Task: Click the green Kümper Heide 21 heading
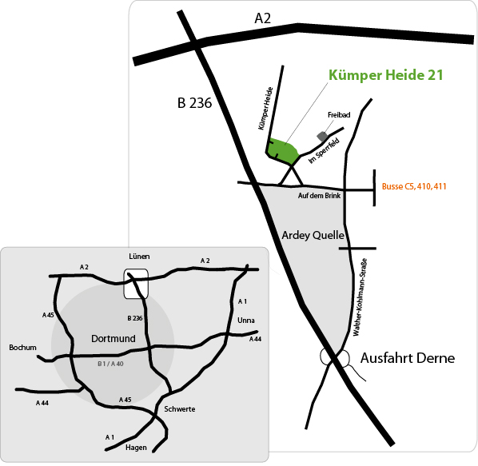click(x=386, y=75)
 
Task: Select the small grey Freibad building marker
click(x=322, y=136)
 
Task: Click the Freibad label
click(x=339, y=115)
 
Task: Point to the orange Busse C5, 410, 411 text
click(x=414, y=186)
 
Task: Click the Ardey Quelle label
click(x=313, y=235)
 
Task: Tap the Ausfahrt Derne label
click(x=408, y=358)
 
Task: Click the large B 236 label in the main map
click(x=194, y=103)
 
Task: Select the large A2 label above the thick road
click(x=262, y=18)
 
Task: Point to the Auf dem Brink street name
click(x=319, y=196)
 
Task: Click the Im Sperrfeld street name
click(x=324, y=151)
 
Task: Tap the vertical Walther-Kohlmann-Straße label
click(x=360, y=297)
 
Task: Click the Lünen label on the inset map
click(x=139, y=257)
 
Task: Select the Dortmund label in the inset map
click(x=114, y=339)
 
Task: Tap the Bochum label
click(x=22, y=348)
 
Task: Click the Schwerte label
click(x=180, y=409)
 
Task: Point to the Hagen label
click(x=136, y=448)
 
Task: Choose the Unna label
click(x=246, y=321)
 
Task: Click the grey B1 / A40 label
click(x=110, y=364)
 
